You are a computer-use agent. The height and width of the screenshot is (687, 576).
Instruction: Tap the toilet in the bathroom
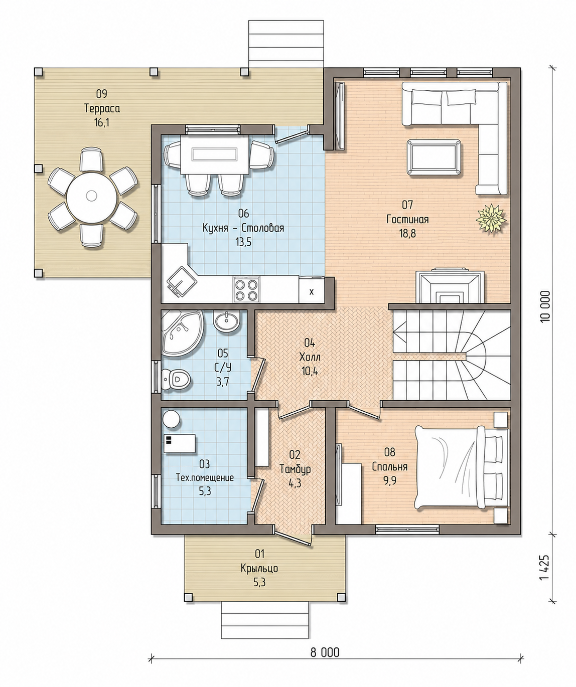[x=176, y=379]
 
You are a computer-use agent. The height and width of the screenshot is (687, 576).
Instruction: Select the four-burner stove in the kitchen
[x=246, y=289]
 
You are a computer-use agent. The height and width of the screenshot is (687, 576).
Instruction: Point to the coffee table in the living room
[x=434, y=157]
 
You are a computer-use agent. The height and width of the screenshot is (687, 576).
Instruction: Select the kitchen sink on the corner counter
[x=180, y=282]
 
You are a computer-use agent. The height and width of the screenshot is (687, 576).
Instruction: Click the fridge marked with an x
[x=312, y=289]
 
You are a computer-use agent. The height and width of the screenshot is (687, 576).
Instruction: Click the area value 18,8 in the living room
[x=407, y=233]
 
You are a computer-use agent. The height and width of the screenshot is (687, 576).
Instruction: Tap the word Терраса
[x=102, y=108]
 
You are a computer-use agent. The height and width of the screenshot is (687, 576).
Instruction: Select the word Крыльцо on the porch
[x=259, y=569]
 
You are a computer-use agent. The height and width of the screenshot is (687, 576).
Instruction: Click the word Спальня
[x=390, y=466]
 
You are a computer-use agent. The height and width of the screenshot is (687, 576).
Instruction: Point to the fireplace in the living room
[x=450, y=286]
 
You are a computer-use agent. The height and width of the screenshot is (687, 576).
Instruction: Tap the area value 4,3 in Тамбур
[x=295, y=483]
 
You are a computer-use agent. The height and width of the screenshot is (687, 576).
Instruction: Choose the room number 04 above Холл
[x=310, y=343]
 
